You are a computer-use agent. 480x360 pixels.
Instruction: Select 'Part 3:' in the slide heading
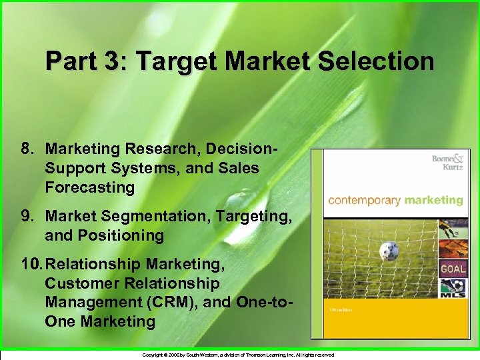tap(81, 62)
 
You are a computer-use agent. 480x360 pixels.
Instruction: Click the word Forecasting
tap(90, 187)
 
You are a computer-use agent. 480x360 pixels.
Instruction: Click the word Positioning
tap(123, 235)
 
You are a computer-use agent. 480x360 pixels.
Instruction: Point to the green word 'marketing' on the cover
tap(430, 200)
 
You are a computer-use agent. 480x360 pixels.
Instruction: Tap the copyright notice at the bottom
tap(239, 355)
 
